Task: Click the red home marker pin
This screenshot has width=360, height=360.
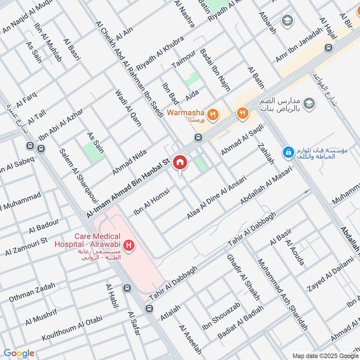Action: pyautogui.click(x=180, y=162)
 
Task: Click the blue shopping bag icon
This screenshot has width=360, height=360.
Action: pyautogui.click(x=287, y=153)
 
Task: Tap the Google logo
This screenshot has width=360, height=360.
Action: pyautogui.click(x=19, y=353)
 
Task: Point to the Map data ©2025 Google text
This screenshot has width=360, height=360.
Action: pyautogui.click(x=325, y=355)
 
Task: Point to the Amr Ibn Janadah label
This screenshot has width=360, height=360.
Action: pyautogui.click(x=299, y=45)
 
